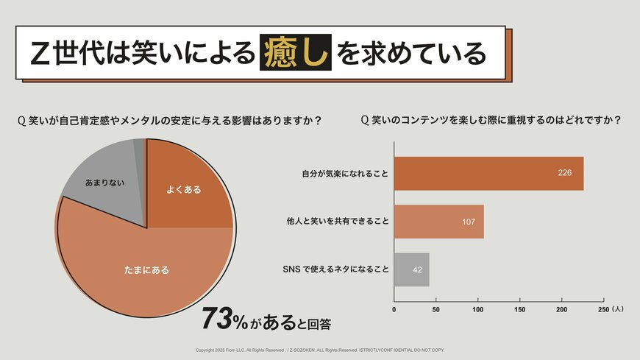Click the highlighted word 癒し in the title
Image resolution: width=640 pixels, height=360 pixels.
tap(295, 52)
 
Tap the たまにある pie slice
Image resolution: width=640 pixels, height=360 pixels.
tap(147, 270)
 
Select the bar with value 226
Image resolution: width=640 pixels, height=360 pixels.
tap(488, 174)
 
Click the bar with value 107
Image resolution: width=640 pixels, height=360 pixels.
tap(438, 222)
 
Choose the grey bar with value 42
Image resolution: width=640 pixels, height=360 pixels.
tap(411, 269)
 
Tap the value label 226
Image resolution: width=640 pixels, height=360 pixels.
tap(565, 174)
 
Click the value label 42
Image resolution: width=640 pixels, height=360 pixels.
tap(418, 270)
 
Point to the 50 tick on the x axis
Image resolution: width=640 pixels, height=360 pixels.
tap(436, 310)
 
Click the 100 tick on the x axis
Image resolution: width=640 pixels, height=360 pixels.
tap(478, 310)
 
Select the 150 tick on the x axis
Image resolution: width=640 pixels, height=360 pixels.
tap(520, 310)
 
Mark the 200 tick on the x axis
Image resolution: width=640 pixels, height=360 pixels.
tap(562, 310)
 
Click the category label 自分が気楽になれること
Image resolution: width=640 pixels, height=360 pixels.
tap(344, 174)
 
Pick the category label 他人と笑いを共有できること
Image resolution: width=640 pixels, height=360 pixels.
tap(337, 221)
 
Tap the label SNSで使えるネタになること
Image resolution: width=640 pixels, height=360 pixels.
tap(335, 269)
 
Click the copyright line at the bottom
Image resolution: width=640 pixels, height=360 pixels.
tap(320, 350)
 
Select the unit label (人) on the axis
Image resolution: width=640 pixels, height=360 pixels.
tap(617, 310)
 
